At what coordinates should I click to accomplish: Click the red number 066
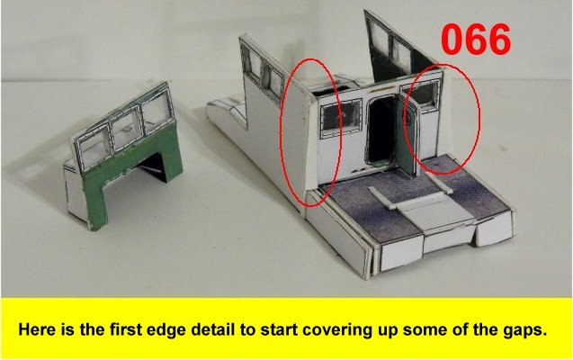[x=476, y=39]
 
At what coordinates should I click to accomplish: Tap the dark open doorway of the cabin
[x=382, y=130]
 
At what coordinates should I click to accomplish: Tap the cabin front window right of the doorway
[x=424, y=94]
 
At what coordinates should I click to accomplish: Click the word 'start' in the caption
[x=277, y=330]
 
